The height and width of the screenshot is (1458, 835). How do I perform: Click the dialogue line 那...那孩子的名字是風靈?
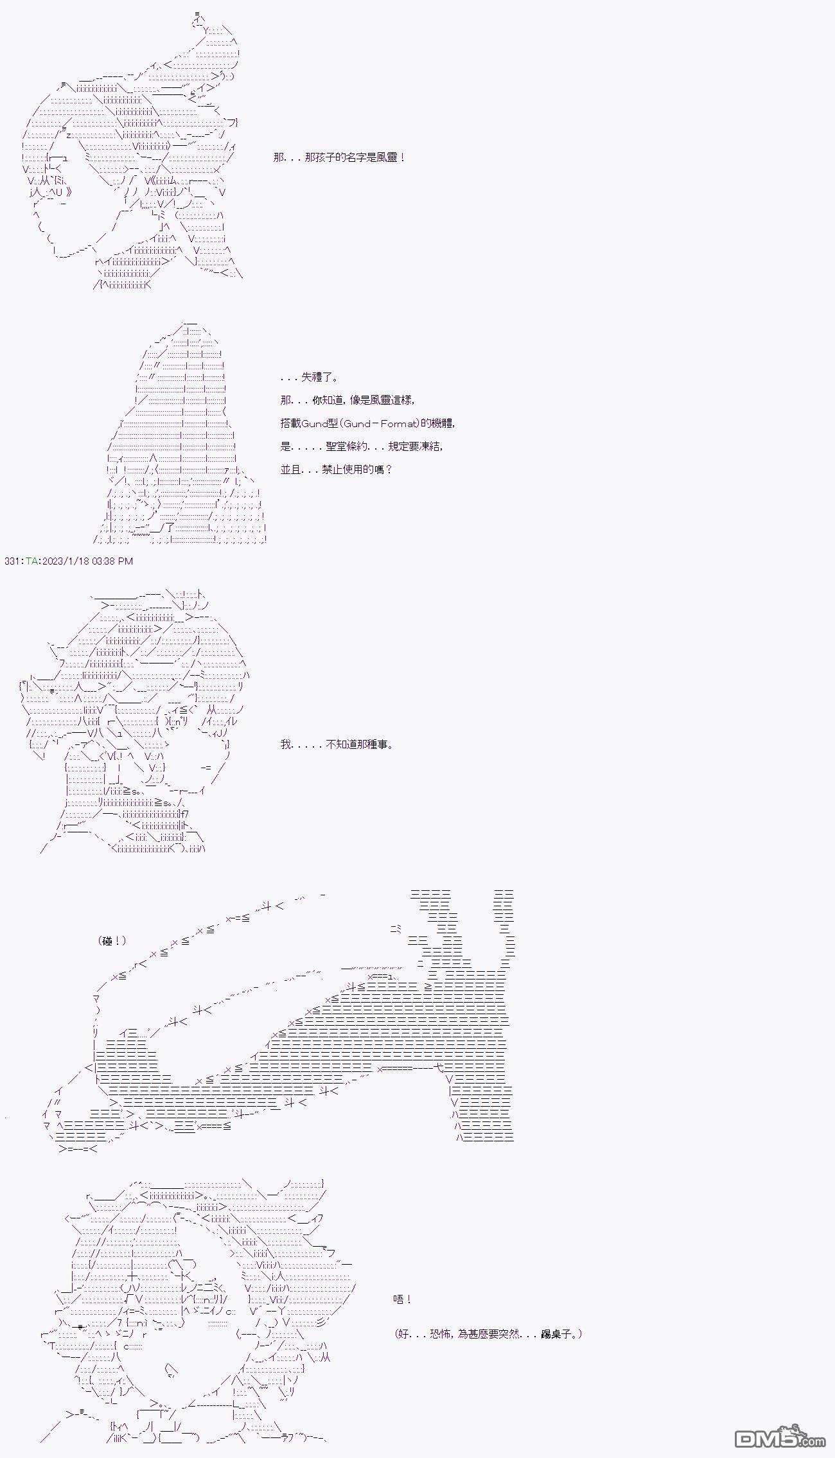coord(339,157)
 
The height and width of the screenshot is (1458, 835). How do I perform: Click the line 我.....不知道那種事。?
coord(337,744)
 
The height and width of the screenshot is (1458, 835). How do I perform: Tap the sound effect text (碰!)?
coord(112,941)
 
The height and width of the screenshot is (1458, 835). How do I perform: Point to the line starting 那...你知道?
coord(347,400)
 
